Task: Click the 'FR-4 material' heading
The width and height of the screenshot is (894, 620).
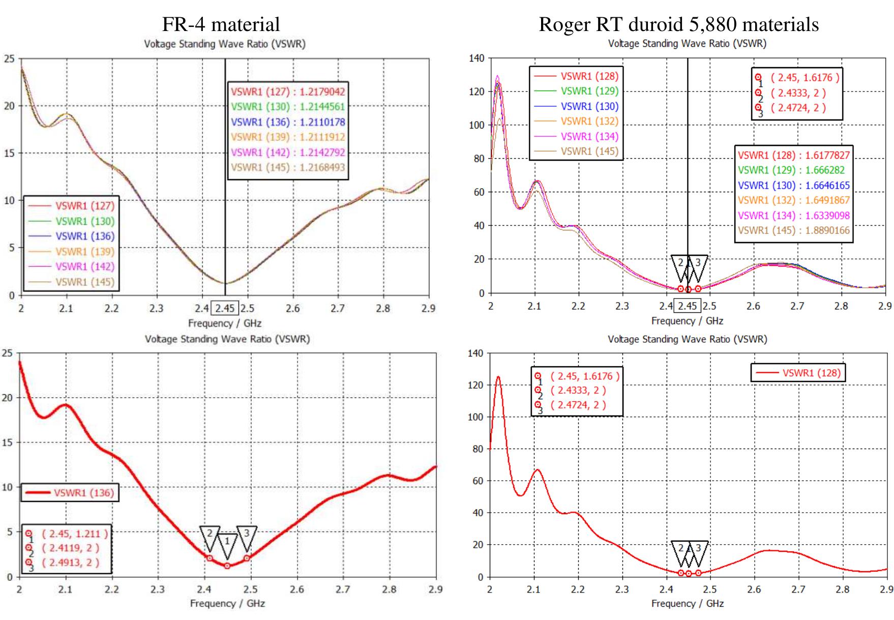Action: point(221,24)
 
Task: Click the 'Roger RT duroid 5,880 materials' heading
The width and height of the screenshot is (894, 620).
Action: point(678,24)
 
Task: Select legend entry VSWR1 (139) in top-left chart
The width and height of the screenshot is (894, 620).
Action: point(84,251)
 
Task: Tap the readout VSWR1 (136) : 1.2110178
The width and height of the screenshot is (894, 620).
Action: point(288,122)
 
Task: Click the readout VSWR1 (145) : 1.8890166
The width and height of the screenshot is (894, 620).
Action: point(793,230)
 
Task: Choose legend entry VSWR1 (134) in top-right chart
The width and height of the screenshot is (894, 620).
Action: point(589,136)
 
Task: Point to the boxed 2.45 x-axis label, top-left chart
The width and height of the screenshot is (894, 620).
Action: point(225,308)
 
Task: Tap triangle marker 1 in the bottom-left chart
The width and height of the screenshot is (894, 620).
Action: point(227,544)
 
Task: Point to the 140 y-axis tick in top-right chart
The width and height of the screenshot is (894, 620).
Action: point(476,58)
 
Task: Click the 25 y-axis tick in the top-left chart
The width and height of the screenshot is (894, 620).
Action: point(9,59)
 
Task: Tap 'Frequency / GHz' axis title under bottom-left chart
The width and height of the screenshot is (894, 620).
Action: point(227,603)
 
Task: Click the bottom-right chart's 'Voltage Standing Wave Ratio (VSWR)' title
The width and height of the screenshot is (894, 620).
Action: point(687,339)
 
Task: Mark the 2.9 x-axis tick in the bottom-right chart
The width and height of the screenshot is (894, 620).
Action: point(886,589)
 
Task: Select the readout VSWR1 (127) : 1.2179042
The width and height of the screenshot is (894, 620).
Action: point(288,92)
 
